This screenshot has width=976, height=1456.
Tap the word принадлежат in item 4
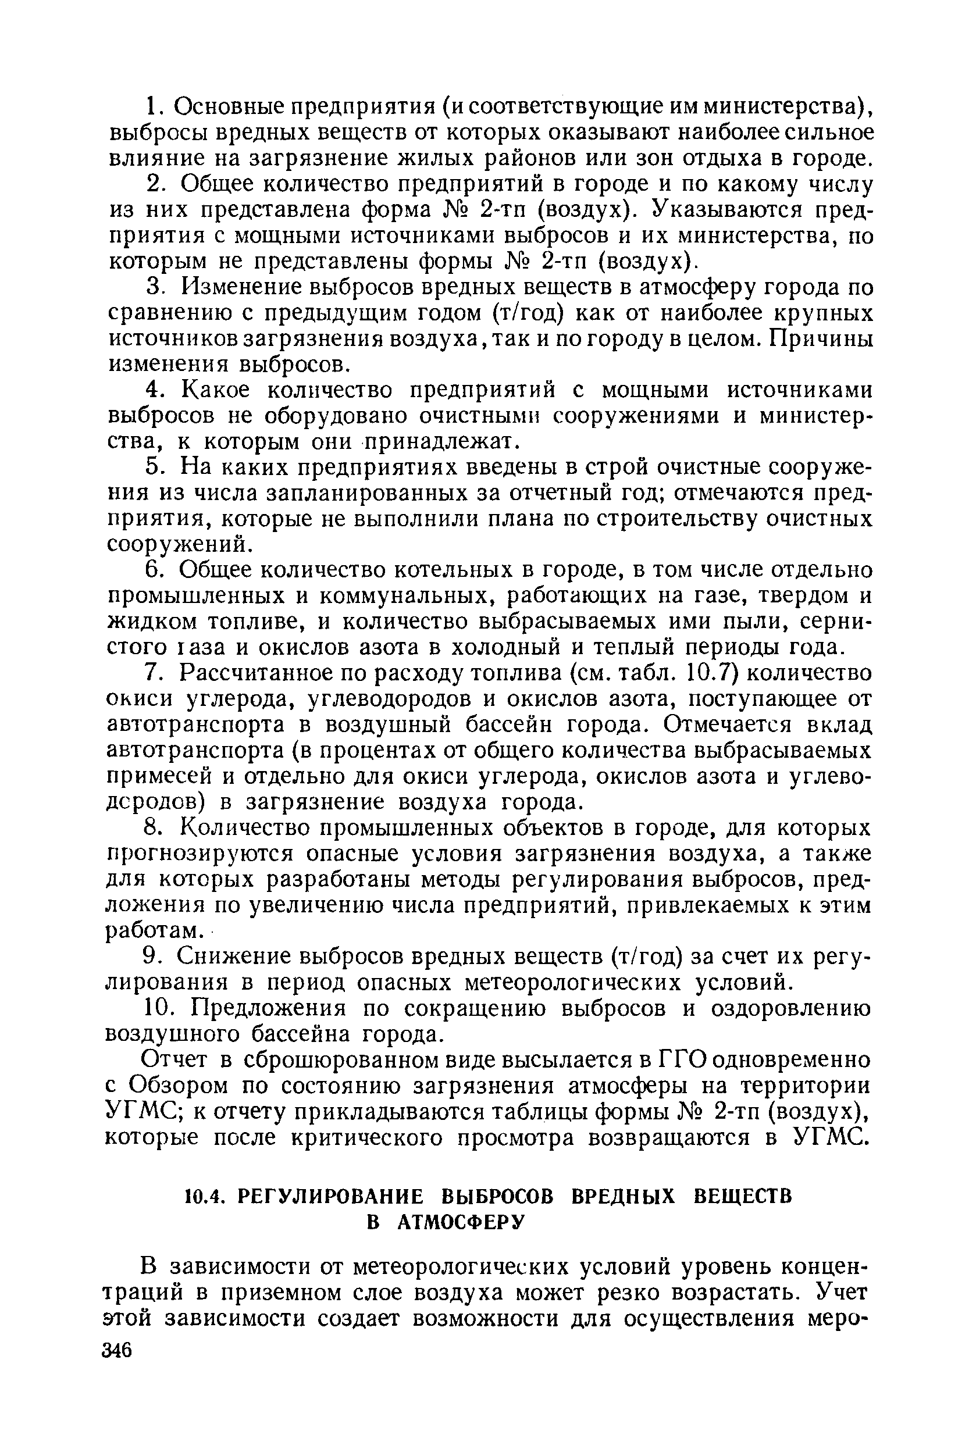tap(441, 442)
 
